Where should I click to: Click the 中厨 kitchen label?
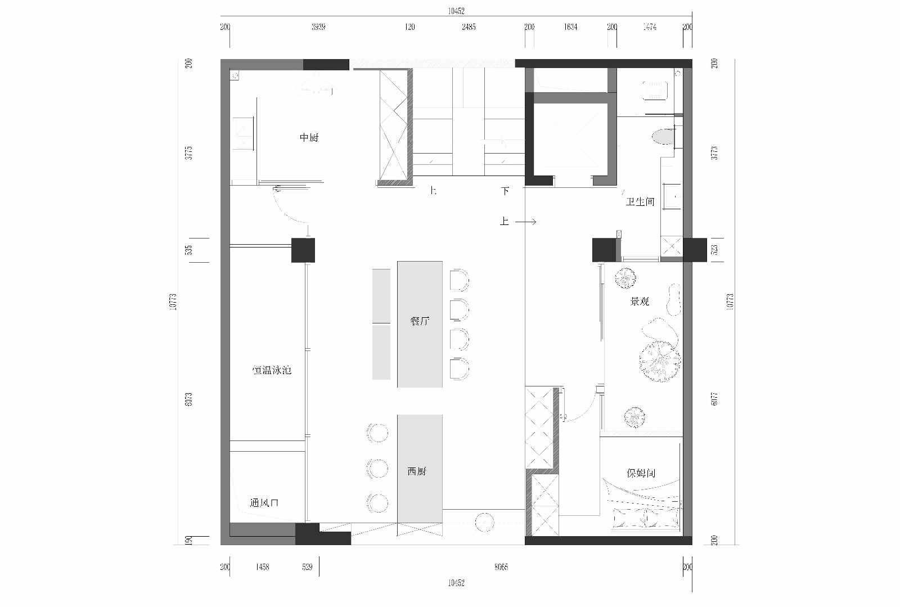(309, 137)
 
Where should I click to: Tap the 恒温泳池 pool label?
(272, 370)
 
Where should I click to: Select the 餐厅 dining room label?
(420, 321)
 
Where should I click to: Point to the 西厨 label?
(417, 471)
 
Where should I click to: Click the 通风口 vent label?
(264, 503)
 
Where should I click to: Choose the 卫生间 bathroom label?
(640, 201)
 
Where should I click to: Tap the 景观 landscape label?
(640, 302)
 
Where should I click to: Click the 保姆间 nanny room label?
(641, 473)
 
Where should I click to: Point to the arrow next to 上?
(525, 222)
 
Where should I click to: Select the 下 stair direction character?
(505, 191)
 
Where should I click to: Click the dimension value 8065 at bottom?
(501, 567)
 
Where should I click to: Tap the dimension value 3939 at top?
(318, 27)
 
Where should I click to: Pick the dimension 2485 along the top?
(468, 27)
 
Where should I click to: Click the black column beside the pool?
(303, 250)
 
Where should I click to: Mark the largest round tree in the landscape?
(659, 360)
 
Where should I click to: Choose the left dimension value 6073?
(189, 400)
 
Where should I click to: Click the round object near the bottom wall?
(484, 523)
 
